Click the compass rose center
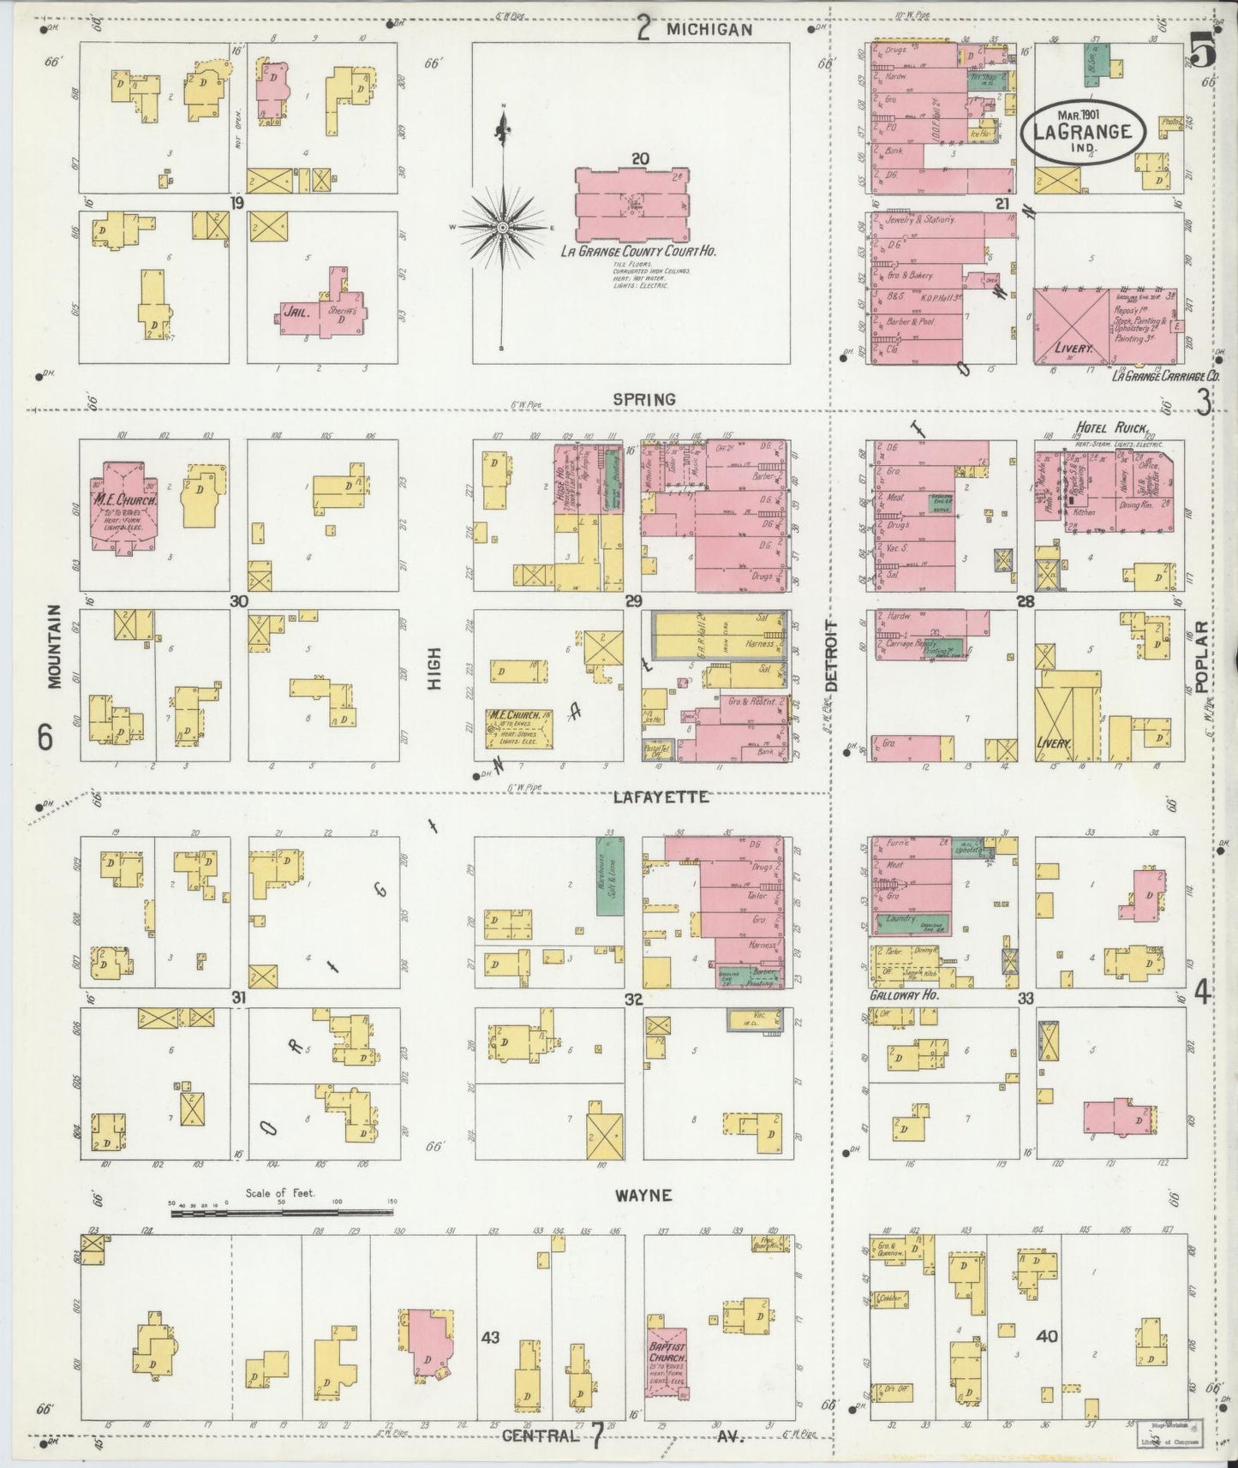(503, 227)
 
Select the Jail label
(295, 314)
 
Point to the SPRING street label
(643, 399)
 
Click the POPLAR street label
(1201, 657)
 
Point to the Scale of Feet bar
(281, 1212)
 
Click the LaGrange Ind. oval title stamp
(1082, 131)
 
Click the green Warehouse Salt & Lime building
(610, 874)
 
